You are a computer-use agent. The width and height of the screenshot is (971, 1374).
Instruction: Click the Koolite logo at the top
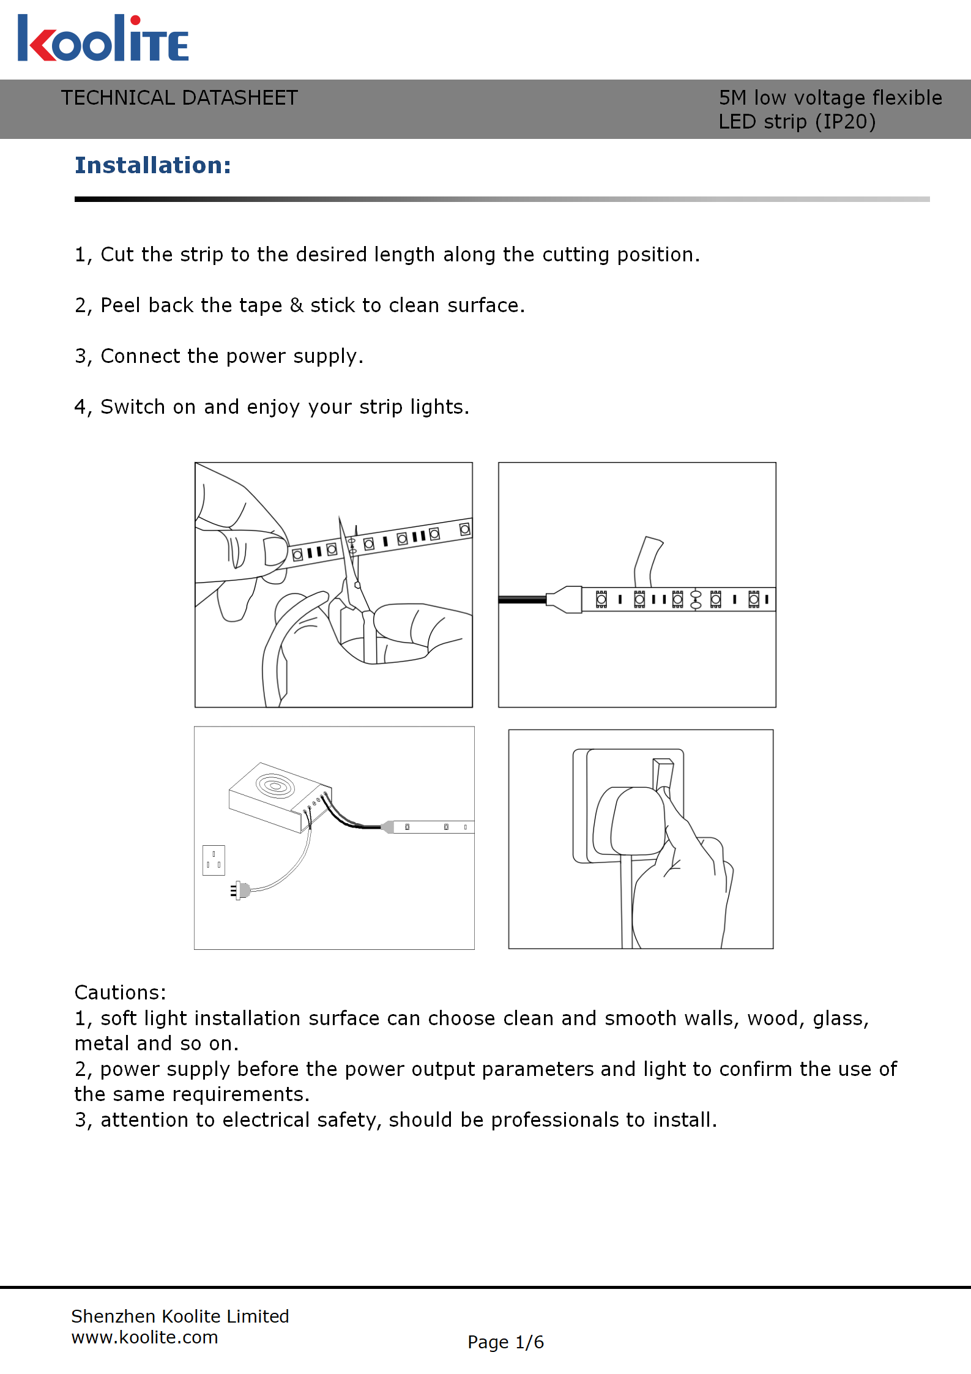[103, 39]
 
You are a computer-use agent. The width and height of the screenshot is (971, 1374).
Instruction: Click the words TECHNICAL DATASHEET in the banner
[179, 98]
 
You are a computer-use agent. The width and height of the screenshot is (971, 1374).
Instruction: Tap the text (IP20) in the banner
[845, 122]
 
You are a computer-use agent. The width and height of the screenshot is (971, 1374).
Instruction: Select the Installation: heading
[153, 165]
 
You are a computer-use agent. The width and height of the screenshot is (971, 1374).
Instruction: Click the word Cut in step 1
[116, 255]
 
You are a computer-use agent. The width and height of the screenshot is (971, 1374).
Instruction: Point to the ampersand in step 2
[296, 305]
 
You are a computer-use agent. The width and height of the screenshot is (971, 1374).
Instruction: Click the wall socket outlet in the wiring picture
[214, 860]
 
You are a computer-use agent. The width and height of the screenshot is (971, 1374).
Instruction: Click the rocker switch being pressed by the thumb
[663, 774]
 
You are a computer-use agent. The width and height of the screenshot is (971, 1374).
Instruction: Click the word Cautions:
[120, 992]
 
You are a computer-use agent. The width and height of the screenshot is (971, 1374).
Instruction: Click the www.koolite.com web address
[144, 1337]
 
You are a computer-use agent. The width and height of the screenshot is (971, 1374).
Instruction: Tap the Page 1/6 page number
[505, 1342]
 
